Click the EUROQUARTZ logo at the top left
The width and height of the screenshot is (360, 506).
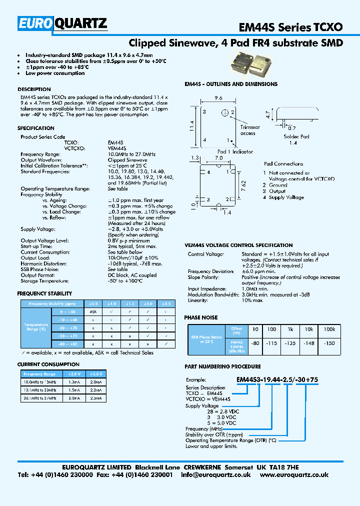62,23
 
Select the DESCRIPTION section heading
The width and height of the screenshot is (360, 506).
34,89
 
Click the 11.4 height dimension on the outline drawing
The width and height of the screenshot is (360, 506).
192,126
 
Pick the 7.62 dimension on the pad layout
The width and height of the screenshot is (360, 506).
243,184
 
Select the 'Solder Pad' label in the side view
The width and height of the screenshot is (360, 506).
296,136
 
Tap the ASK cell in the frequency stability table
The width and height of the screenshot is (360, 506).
93,311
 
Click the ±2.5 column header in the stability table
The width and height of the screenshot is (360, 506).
165,303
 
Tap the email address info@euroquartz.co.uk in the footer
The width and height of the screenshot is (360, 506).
215,474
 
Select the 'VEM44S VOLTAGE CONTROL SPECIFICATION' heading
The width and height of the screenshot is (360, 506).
238,245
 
